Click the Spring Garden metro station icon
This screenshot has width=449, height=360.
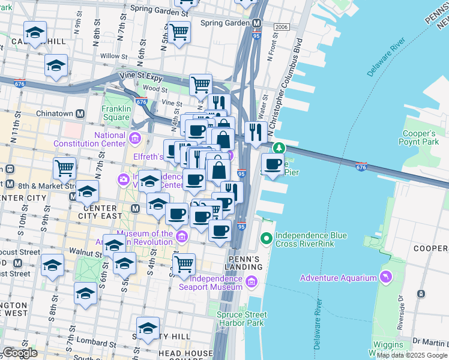click(256, 23)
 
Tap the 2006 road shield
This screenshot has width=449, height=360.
click(281, 28)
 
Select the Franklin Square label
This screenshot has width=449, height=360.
click(116, 113)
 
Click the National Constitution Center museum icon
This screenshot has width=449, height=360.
click(134, 140)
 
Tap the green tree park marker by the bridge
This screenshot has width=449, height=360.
click(279, 148)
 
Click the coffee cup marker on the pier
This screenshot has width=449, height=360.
click(273, 164)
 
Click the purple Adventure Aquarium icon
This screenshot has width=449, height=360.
click(385, 277)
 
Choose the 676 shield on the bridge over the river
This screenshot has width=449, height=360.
click(361, 166)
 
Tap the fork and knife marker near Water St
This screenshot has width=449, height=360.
click(256, 132)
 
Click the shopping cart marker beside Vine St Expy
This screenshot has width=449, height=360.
click(200, 84)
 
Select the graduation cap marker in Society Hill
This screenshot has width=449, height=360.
click(148, 328)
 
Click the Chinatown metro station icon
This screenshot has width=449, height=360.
click(79, 113)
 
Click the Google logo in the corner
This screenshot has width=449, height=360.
click(20, 353)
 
